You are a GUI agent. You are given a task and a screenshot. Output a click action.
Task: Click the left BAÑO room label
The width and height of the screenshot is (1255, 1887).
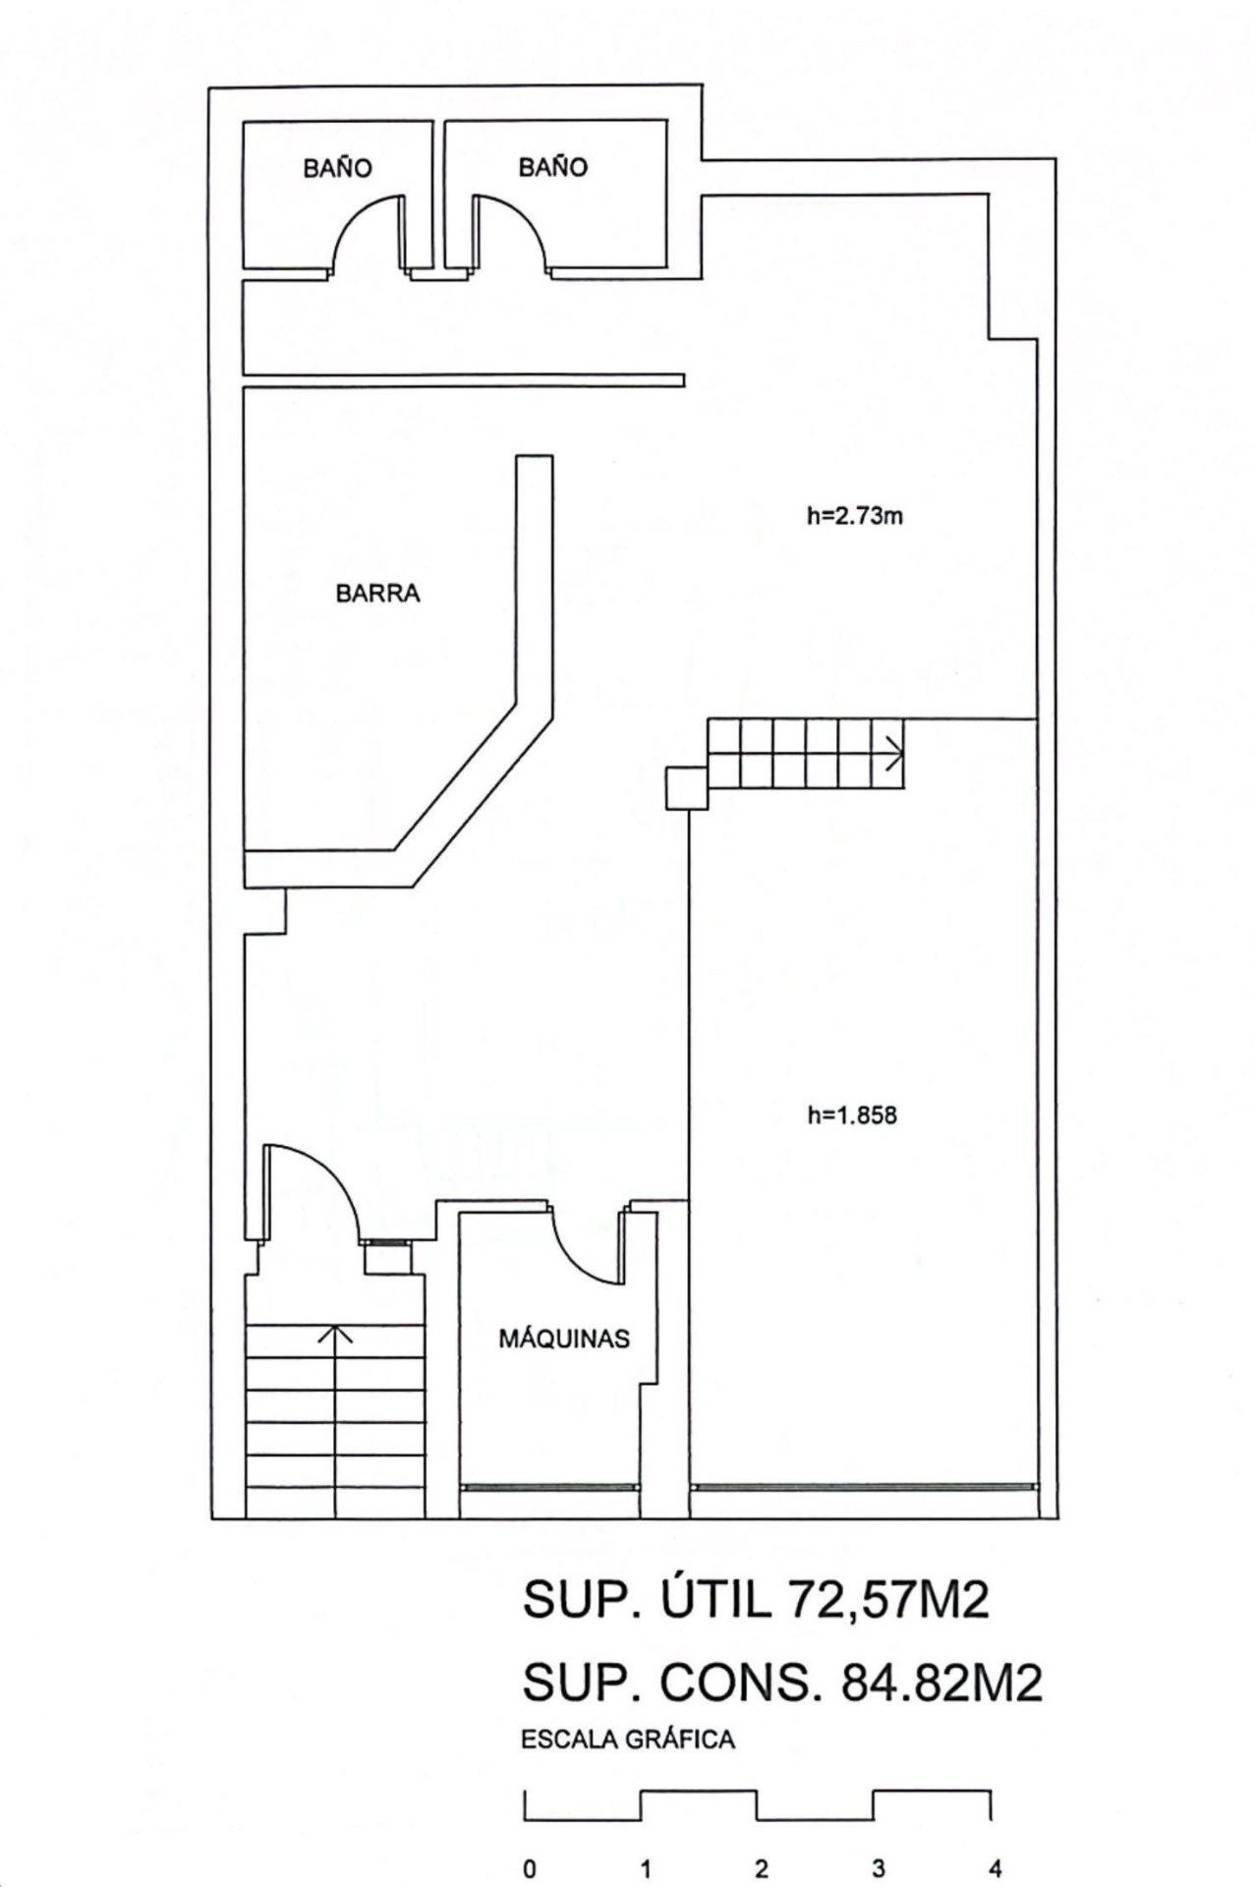pos(337,168)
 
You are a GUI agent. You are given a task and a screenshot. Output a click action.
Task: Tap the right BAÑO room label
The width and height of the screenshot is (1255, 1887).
pos(552,167)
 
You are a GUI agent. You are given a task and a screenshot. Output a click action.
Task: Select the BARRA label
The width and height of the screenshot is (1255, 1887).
pos(377,594)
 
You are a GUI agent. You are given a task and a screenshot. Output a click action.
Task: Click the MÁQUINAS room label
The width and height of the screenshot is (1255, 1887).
pos(564,1338)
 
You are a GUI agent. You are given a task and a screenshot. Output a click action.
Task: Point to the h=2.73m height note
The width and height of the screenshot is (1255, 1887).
pos(855,516)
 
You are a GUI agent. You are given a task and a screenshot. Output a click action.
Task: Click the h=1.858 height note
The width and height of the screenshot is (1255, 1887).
pos(852,1115)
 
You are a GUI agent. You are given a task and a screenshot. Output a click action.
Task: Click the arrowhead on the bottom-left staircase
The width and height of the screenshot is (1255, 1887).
pos(336,1334)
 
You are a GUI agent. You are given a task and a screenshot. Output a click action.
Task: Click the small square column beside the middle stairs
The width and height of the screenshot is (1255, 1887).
pos(687,788)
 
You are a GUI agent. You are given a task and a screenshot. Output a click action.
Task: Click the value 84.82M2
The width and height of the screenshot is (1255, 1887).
pos(941,1684)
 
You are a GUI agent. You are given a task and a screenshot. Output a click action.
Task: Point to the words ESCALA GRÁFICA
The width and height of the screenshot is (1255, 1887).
pos(628,1741)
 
